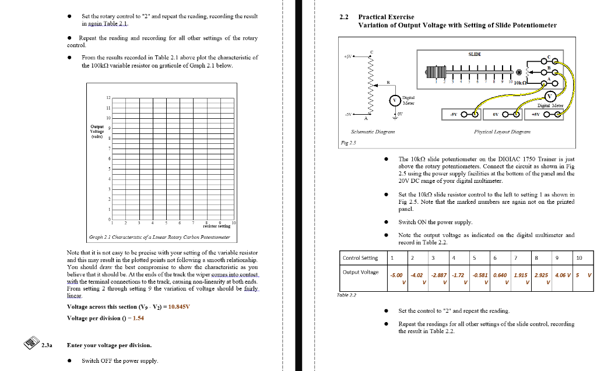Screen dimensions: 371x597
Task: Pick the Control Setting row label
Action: click(360, 258)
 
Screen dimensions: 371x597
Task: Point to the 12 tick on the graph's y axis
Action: click(108, 98)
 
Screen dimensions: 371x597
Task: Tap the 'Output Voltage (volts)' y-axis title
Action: click(97, 131)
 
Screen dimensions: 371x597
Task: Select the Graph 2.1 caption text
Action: click(159, 237)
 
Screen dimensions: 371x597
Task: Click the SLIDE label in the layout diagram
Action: click(475, 54)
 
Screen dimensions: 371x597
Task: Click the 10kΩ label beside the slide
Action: click(521, 83)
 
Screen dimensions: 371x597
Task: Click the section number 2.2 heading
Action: click(344, 17)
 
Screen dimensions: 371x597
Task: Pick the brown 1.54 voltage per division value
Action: click(138, 318)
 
